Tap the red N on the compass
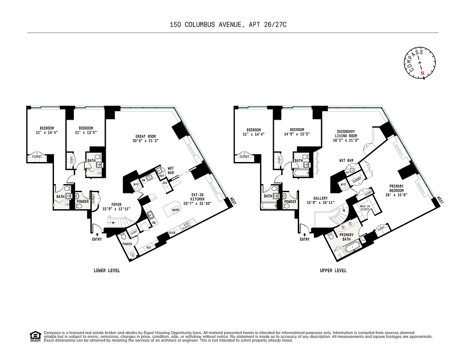(422, 72)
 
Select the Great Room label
(146, 136)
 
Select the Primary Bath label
(346, 237)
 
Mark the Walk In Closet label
(365, 207)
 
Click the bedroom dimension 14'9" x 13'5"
(297, 134)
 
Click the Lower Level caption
(107, 270)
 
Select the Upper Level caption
(333, 270)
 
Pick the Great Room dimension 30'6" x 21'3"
(146, 141)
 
